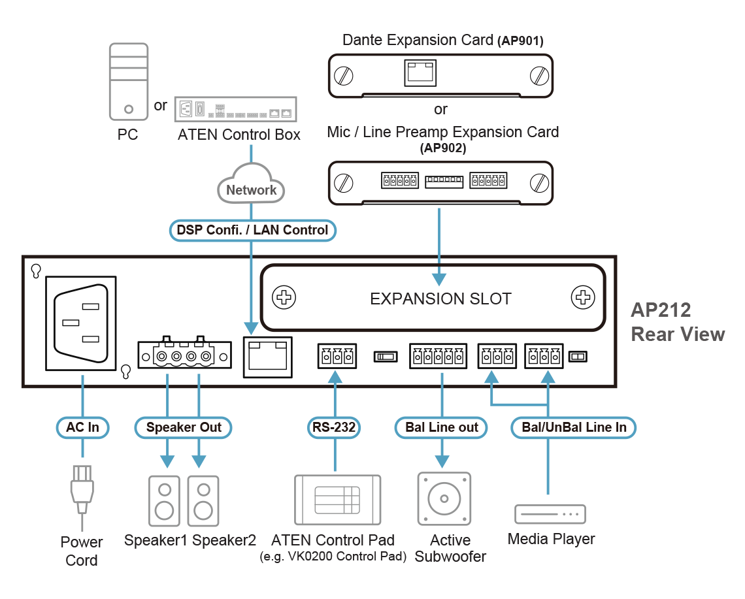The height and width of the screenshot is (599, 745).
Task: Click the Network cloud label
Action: pos(252,190)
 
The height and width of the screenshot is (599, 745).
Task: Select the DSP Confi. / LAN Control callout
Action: pos(253,230)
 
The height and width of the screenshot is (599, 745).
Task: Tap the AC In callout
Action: pos(82,428)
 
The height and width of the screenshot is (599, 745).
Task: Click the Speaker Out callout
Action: pos(184,428)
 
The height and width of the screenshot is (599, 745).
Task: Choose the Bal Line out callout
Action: pos(442,428)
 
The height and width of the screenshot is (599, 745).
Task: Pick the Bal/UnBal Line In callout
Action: pos(574,428)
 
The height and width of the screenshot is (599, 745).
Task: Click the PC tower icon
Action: pos(128,81)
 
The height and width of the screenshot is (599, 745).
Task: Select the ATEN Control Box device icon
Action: pos(236,109)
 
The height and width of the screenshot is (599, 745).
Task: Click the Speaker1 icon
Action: pos(164,500)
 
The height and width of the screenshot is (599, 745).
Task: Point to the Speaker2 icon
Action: pos(203,500)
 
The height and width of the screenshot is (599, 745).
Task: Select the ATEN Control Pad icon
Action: pos(337,500)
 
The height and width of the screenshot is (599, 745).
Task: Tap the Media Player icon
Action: pos(550,514)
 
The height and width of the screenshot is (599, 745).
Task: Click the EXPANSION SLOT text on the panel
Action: pos(440,299)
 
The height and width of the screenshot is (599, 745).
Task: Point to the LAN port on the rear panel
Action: pos(267,357)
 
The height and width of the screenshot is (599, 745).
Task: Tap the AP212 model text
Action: pos(661,310)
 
